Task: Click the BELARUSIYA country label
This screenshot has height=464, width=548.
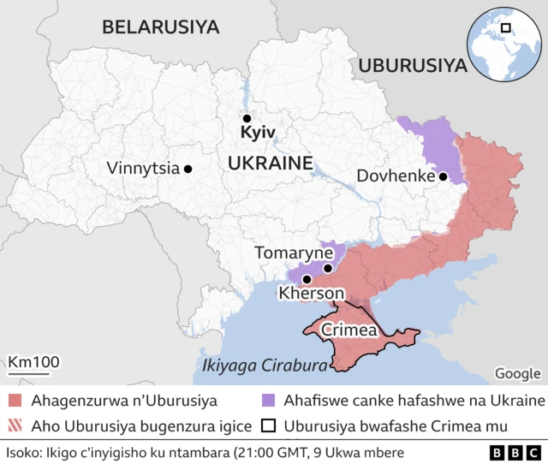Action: click(160, 27)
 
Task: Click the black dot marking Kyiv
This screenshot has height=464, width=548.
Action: click(247, 119)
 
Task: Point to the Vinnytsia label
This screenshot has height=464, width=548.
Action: click(143, 169)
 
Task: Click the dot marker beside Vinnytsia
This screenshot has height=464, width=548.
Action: click(188, 169)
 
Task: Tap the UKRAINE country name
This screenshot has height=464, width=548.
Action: click(270, 164)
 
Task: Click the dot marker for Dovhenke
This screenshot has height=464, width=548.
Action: click(444, 177)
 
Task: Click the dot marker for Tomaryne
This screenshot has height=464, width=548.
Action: click(328, 269)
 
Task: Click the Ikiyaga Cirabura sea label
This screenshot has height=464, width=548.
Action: click(265, 366)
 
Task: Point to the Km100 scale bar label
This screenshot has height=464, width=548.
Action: click(34, 361)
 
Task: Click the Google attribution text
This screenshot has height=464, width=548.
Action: click(517, 373)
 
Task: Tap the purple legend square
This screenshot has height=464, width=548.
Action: click(269, 401)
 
